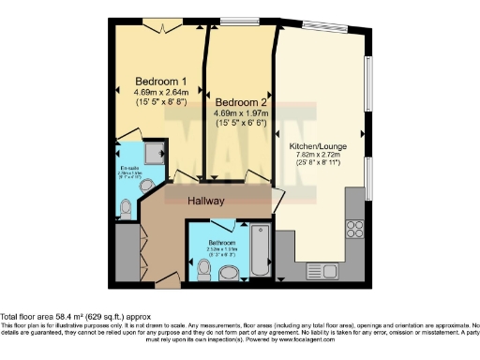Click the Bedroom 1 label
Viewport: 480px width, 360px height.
[x=155, y=81]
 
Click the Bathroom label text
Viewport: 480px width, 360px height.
[x=221, y=241]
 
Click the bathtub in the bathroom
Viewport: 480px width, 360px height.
[x=261, y=251]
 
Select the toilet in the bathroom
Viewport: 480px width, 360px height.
[x=205, y=270]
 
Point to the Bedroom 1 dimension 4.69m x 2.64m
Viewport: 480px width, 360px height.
[x=155, y=92]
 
